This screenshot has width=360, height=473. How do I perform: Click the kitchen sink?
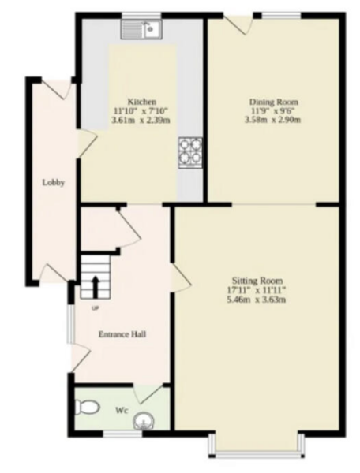pyautogui.click(x=141, y=30)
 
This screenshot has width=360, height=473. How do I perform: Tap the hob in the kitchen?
pyautogui.click(x=189, y=152)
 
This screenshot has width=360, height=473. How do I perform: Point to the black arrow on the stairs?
pyautogui.click(x=95, y=285)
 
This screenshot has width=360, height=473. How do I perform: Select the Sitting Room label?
pyautogui.click(x=257, y=281)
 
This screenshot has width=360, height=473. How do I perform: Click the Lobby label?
pyautogui.click(x=53, y=183)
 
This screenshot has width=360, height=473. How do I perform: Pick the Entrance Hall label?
pyautogui.click(x=122, y=334)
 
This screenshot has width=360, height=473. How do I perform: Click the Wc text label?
pyautogui.click(x=122, y=410)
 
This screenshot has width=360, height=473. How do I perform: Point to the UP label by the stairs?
pyautogui.click(x=95, y=308)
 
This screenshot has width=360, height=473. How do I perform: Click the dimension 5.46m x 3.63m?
pyautogui.click(x=257, y=300)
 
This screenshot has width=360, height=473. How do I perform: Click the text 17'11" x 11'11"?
pyautogui.click(x=257, y=291)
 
